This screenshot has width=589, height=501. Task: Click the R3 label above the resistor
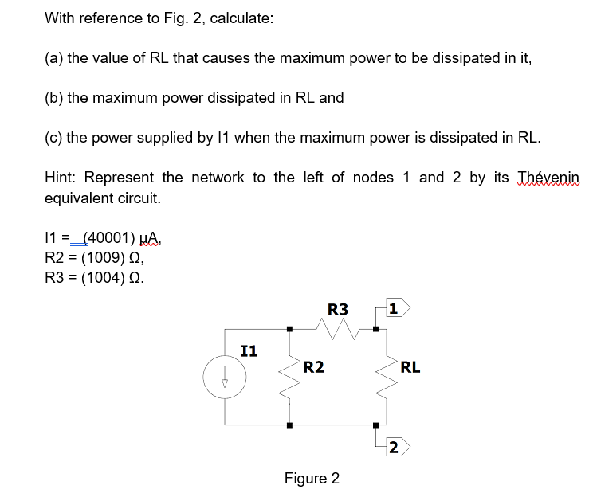coord(337,307)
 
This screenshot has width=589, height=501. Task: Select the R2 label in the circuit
coord(313,366)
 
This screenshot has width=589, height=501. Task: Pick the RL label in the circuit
coord(410,367)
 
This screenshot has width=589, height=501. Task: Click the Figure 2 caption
coord(312,478)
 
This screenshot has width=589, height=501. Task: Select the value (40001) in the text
coord(111,237)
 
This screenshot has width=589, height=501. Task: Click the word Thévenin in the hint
coord(549,177)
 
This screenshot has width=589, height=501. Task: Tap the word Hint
coord(61,177)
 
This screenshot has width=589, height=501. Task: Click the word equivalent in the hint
coord(81,198)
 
